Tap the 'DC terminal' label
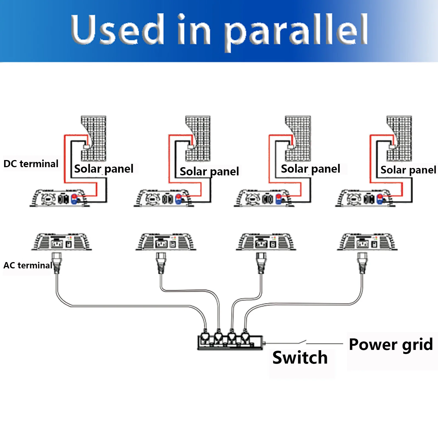point(31,164)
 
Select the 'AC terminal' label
point(28,265)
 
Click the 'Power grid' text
point(391,344)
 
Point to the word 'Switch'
point(300,358)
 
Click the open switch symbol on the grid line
point(302,342)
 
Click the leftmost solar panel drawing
point(94,138)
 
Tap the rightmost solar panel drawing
point(399,138)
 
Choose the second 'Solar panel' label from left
point(209,172)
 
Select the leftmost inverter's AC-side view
point(62,242)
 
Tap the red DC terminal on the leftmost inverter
point(74,197)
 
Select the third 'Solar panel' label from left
point(311,169)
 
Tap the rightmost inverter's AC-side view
point(367,242)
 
